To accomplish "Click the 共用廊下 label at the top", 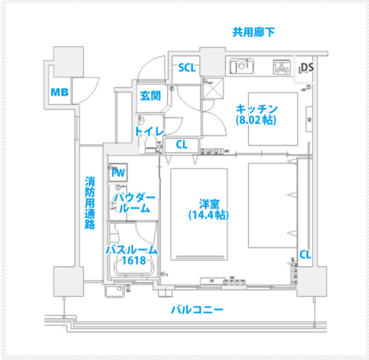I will point(253,32).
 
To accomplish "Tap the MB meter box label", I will point(59,92).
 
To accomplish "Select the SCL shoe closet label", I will point(187,67).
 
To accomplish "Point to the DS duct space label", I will point(306,67).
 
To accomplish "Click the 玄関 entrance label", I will point(150,95).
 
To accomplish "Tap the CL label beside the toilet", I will point(181,145).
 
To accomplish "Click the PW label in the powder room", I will point(118,173).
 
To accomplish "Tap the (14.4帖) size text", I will point(208,215).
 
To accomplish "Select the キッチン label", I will point(257,108).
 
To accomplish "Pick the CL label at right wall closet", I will point(305,254).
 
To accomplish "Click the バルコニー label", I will point(196,310).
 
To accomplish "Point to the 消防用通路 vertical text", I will point(90,202).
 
